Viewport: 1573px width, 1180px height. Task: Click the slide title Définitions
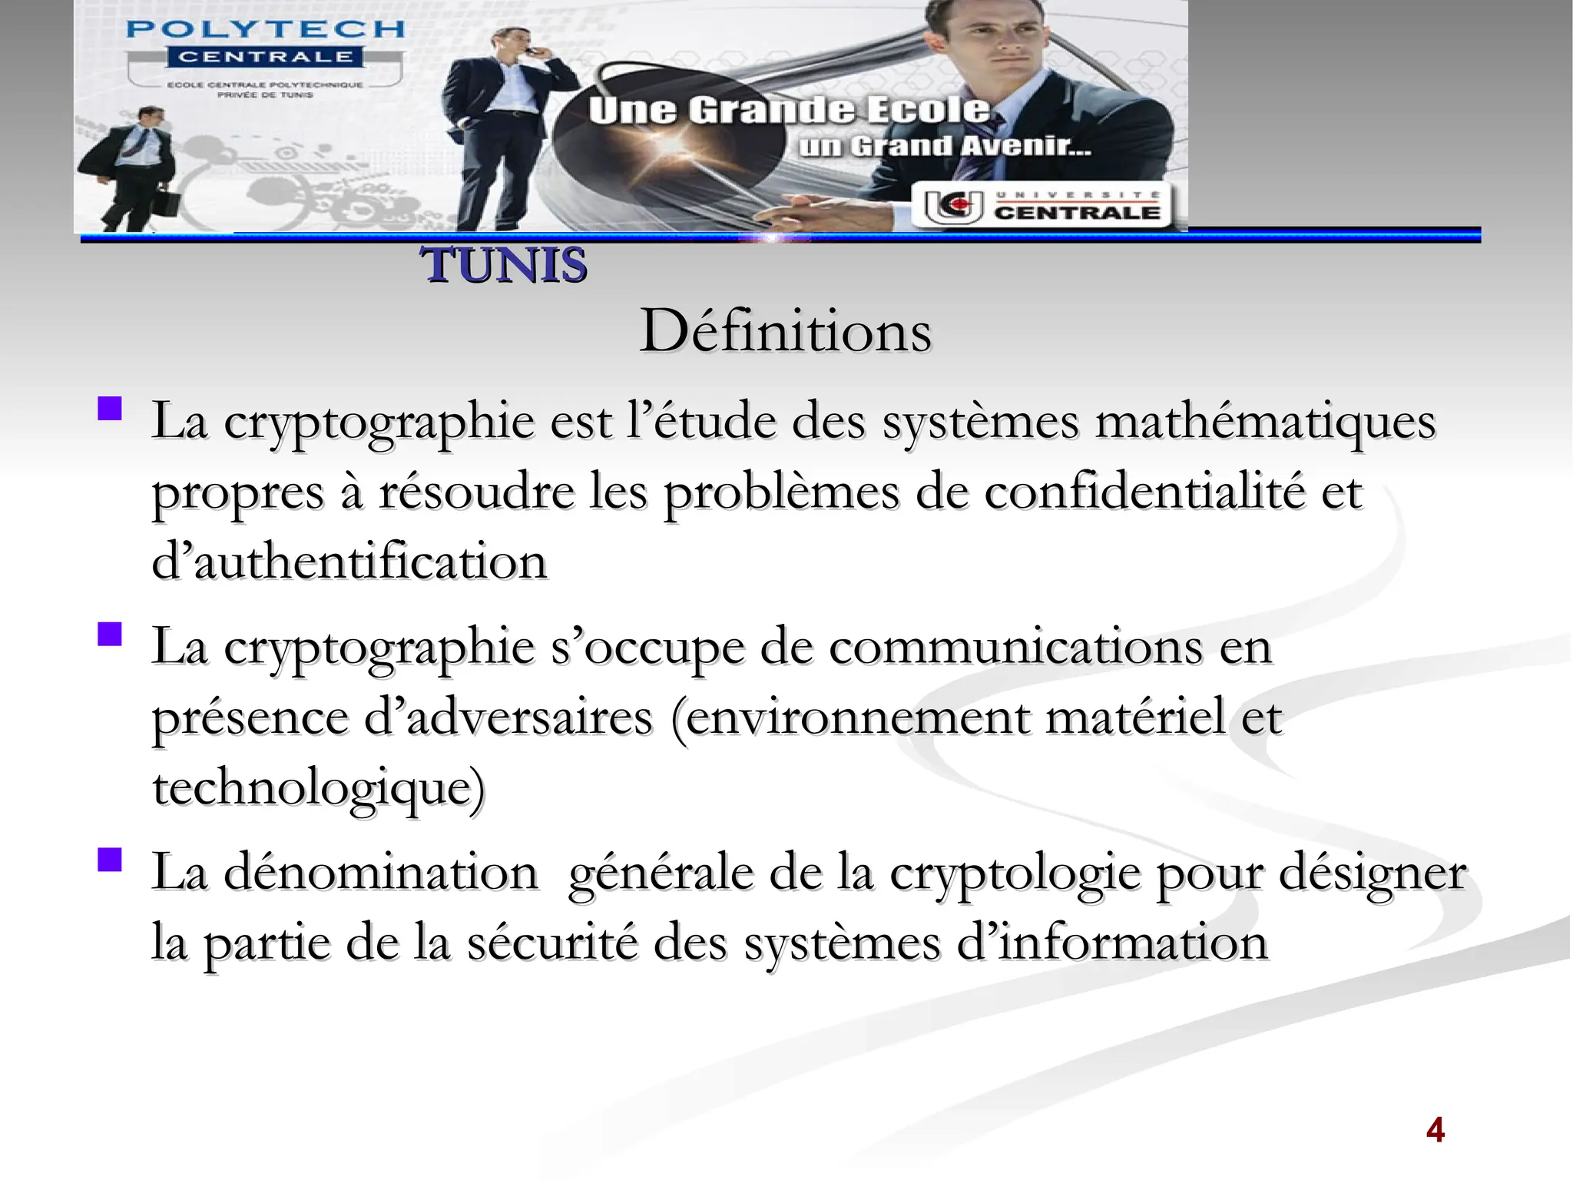[x=785, y=332]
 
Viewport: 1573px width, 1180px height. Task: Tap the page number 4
[x=1435, y=1130]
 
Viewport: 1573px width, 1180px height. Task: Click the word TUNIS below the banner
[x=504, y=266]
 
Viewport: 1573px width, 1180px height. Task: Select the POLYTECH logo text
[x=265, y=30]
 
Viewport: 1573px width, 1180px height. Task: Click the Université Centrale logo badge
[x=1041, y=206]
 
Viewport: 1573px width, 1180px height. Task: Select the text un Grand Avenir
[x=944, y=146]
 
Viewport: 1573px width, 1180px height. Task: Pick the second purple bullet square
[x=110, y=634]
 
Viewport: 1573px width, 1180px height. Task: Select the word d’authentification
[x=349, y=562]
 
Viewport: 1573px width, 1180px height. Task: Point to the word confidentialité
[x=1144, y=492]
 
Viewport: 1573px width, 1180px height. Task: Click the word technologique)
[x=319, y=788]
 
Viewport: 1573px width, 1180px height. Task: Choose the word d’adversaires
[x=508, y=718]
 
